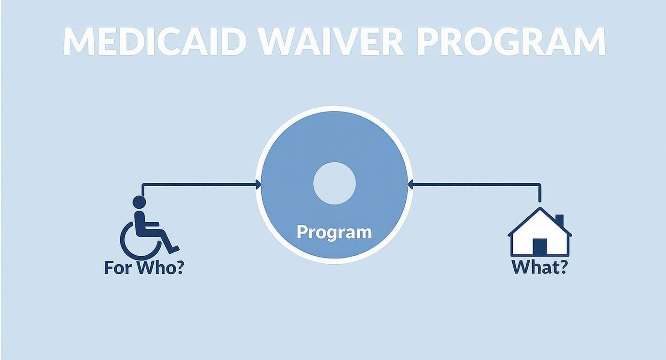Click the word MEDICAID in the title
tap(151, 42)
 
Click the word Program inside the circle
tap(334, 232)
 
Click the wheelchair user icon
tap(147, 227)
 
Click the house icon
tap(539, 233)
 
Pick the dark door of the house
tap(539, 247)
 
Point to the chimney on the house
tap(559, 221)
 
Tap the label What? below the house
tap(539, 267)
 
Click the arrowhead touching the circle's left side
tap(259, 184)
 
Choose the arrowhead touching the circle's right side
tap(410, 184)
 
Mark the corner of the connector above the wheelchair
tap(143, 184)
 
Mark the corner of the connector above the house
tap(540, 184)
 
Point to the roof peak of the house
tap(540, 209)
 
